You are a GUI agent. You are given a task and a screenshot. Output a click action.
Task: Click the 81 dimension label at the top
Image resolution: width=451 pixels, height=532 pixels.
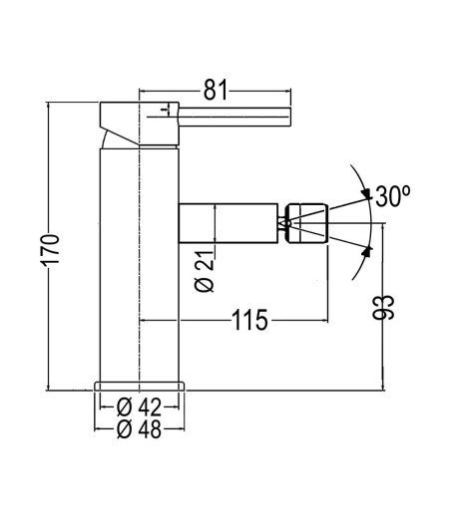(216, 91)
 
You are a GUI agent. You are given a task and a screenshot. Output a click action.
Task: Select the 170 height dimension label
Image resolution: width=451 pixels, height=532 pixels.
(51, 249)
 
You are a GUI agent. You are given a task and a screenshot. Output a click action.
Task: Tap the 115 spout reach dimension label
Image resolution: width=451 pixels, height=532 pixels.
(249, 320)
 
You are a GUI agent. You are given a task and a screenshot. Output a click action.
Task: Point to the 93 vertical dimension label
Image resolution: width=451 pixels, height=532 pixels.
(384, 308)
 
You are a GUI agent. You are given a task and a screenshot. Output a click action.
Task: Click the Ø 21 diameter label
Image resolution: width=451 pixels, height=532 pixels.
(205, 271)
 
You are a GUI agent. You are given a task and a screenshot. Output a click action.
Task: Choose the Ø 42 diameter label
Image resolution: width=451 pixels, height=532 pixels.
(139, 407)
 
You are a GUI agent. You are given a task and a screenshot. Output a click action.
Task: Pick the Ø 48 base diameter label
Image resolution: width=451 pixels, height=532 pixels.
(139, 429)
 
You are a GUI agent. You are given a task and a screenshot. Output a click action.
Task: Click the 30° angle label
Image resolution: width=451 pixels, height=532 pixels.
(393, 196)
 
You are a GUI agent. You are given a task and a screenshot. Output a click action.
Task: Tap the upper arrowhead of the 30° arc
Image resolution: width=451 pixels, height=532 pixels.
(367, 194)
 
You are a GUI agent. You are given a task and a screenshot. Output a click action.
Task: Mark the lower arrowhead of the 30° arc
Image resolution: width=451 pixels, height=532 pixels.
(366, 251)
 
